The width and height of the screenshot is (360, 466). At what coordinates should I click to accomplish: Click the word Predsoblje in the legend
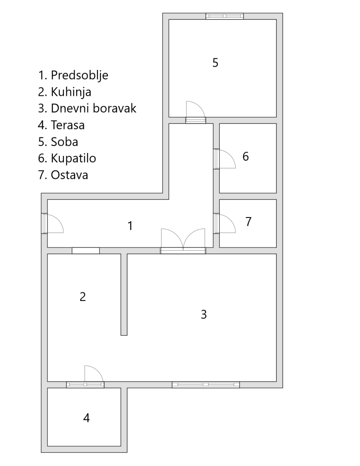(79, 75)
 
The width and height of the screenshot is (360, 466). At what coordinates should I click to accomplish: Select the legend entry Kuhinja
(71, 92)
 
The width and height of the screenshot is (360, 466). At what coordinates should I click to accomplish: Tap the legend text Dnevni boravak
(93, 108)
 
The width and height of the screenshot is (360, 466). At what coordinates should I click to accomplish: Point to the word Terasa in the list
(68, 125)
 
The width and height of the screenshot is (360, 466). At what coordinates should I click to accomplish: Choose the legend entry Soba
(64, 142)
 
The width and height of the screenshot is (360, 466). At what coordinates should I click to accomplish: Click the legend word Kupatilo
(73, 159)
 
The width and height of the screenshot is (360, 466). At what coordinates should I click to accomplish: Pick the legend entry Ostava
(69, 175)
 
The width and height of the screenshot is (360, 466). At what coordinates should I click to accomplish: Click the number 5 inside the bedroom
(215, 63)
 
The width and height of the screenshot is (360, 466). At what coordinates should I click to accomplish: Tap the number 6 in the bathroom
(246, 156)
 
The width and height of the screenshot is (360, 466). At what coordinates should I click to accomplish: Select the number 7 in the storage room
(248, 222)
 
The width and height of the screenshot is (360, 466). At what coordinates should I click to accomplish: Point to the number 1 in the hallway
(130, 226)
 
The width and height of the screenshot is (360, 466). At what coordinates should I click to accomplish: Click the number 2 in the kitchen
(83, 297)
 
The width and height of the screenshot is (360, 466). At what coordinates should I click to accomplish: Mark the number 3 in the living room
(204, 314)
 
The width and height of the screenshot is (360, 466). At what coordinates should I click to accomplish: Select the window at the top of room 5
(225, 16)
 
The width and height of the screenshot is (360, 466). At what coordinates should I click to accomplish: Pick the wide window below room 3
(206, 385)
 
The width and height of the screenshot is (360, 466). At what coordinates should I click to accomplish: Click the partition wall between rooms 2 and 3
(124, 295)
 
